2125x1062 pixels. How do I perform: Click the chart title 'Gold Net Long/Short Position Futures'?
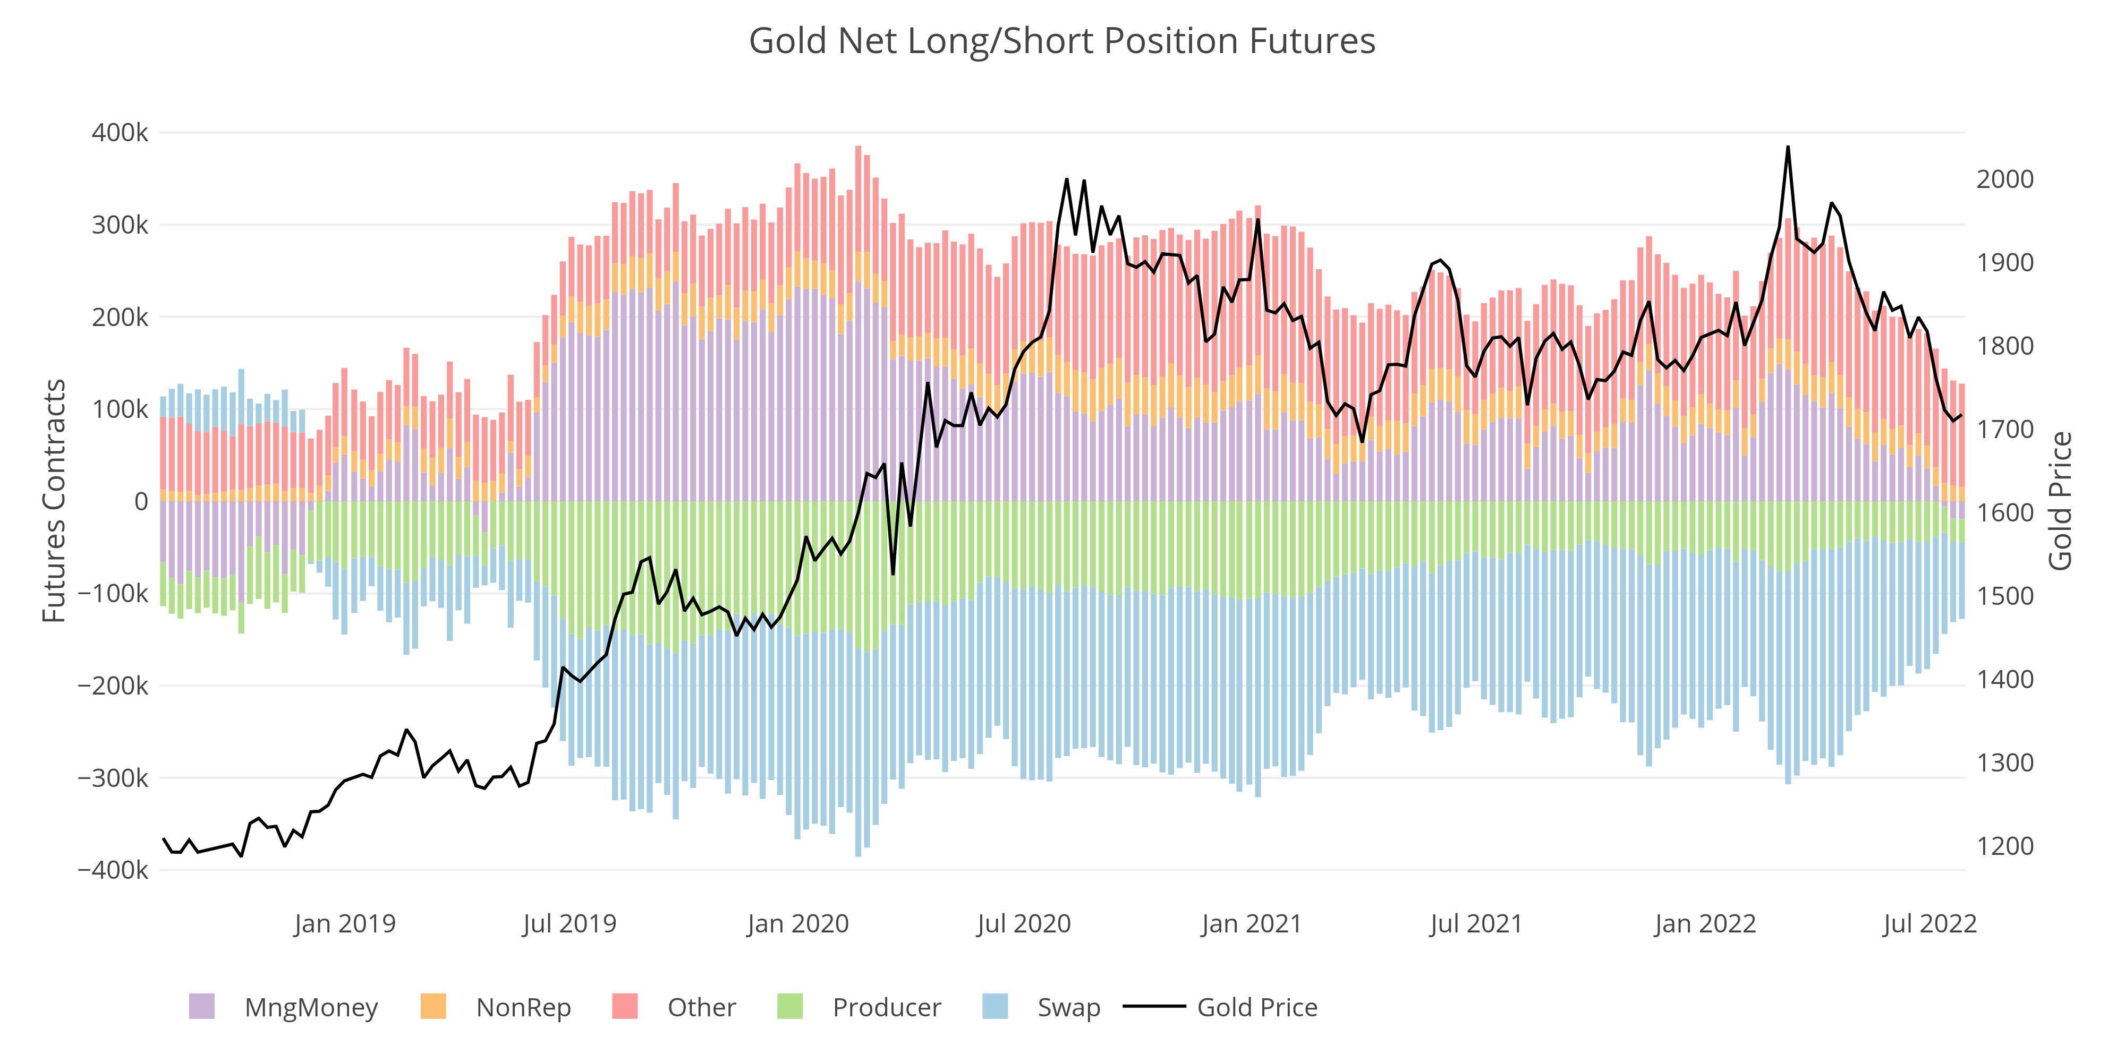[1061, 41]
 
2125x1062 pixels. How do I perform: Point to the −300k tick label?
[114, 778]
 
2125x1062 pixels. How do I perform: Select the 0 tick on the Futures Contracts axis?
[141, 501]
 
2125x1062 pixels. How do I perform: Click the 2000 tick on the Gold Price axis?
[2004, 180]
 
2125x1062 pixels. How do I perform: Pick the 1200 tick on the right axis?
[2004, 847]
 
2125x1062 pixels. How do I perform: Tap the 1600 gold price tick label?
[2004, 513]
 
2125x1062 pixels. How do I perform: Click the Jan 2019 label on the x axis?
[345, 923]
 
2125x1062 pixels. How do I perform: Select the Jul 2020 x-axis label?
[1024, 923]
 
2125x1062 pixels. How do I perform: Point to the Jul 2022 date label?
[1929, 923]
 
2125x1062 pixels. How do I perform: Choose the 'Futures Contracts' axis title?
[54, 501]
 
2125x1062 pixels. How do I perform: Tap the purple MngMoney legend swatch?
[201, 1007]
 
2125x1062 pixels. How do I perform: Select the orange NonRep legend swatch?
[433, 1007]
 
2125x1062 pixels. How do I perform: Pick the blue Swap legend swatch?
[996, 1007]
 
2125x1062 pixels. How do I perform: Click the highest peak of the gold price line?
[1788, 148]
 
